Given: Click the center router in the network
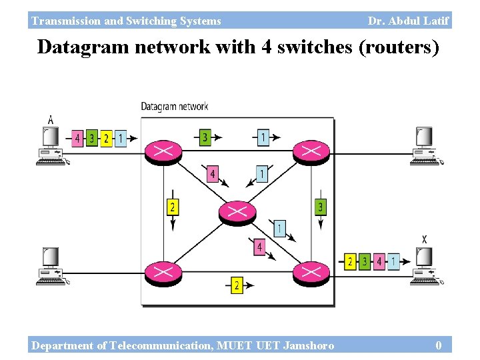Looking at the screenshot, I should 237,212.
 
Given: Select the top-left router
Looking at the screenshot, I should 163,151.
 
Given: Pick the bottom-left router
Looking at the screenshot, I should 163,272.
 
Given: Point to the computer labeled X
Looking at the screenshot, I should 424,265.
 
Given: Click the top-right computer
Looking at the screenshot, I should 424,145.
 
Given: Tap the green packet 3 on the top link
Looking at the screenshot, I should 205,137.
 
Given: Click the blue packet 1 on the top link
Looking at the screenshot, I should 263,137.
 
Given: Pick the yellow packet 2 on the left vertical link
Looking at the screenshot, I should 173,207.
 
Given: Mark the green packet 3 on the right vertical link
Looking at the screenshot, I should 321,207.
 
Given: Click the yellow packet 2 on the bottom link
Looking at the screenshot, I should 237,285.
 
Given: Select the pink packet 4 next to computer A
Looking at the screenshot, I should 78,139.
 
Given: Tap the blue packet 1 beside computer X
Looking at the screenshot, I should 395,261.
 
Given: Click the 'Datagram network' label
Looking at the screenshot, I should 174,106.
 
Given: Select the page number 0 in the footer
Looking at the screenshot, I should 438,345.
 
